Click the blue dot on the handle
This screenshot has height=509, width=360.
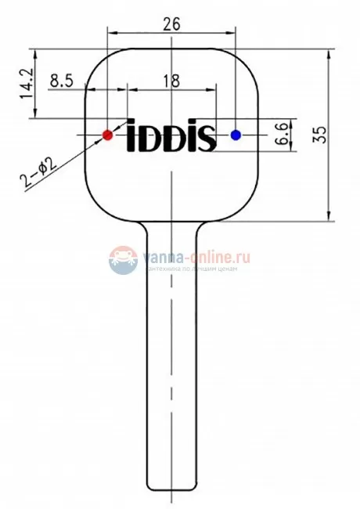[236, 135]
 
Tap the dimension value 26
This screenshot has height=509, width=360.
[172, 23]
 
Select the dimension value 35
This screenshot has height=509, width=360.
[319, 134]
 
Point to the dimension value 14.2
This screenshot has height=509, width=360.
[27, 85]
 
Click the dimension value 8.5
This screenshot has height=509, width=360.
[63, 80]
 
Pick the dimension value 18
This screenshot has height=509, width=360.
[170, 80]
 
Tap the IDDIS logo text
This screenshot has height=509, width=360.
[171, 135]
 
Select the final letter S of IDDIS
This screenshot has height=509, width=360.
[207, 137]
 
